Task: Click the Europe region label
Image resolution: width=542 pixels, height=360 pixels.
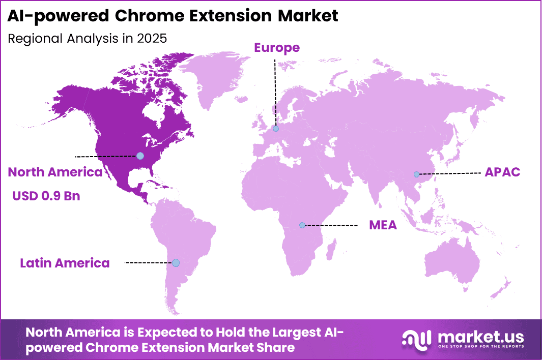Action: point(277,48)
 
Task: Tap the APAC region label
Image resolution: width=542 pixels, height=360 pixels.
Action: point(502,172)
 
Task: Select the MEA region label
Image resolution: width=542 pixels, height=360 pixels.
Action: point(383,225)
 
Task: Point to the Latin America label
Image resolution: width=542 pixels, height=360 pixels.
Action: point(65,263)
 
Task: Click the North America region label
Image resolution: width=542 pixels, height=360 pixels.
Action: point(55,172)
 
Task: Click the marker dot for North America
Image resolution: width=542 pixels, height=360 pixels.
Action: point(140,156)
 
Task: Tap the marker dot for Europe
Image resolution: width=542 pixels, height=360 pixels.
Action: point(275,129)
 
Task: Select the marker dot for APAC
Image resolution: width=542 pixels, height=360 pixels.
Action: point(416,174)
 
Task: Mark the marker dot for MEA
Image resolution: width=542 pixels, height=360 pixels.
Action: point(302,225)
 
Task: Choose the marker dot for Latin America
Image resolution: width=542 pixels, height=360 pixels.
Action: point(176,263)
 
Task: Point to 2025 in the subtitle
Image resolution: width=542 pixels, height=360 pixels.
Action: point(152,38)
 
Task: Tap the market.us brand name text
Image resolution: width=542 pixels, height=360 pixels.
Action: point(480,336)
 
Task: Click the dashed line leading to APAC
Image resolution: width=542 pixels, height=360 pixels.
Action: point(450,174)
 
